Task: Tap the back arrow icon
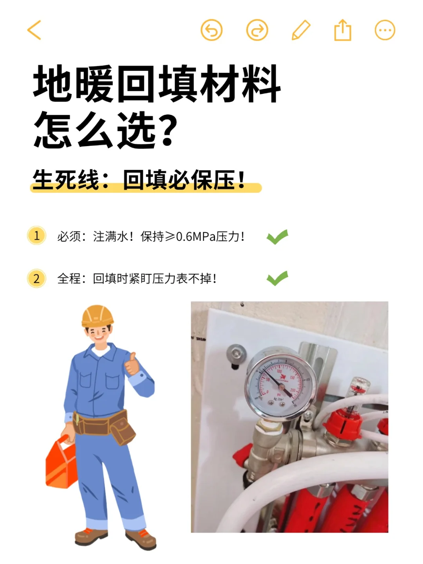coord(34,30)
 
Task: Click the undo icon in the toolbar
coord(211,30)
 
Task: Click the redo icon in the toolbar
coord(257,30)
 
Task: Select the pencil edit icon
coord(301,30)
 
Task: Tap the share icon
coord(343,30)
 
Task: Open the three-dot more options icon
coord(385,30)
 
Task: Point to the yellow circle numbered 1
coord(37,236)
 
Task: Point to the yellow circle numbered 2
coord(37,279)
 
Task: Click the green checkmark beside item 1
coord(277,237)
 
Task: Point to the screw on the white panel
coord(236,352)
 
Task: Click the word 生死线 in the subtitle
coord(66,180)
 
